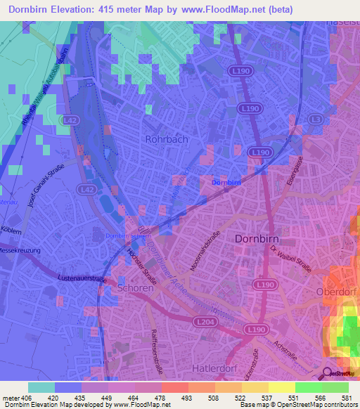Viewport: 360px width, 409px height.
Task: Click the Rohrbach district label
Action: click(166, 139)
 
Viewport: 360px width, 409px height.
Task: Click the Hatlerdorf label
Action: click(215, 368)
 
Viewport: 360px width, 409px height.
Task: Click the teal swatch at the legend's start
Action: click(41, 387)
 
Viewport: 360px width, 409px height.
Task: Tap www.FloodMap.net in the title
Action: click(226, 9)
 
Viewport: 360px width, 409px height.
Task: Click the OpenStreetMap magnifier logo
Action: click(327, 374)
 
